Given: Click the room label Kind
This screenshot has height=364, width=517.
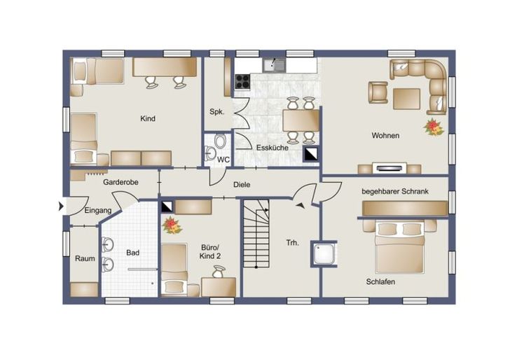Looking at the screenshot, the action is [x=147, y=118].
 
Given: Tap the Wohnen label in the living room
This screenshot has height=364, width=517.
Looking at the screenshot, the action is [x=385, y=135].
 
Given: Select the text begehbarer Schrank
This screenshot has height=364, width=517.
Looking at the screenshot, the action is [x=395, y=191].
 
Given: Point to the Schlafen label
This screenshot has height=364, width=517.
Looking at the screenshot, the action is [x=380, y=282].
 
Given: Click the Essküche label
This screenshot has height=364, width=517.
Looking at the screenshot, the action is [x=273, y=148].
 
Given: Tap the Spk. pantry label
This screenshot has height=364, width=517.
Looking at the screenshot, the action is [x=217, y=112].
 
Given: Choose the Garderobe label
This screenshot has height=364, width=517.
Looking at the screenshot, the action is [x=120, y=182].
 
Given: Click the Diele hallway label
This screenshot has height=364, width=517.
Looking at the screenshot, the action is [x=242, y=185].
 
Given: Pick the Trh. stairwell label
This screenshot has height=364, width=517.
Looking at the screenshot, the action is [x=292, y=243].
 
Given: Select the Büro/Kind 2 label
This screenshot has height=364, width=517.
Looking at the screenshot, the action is [x=210, y=252].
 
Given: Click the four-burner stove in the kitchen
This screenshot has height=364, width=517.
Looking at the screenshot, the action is [x=242, y=81].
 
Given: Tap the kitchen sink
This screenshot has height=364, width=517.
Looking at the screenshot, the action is [x=275, y=65].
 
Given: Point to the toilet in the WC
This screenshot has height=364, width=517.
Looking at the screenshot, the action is [x=219, y=141].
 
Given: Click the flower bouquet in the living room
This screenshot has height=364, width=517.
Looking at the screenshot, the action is [x=434, y=127].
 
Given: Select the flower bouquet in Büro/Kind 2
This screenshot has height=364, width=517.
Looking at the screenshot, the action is [x=172, y=225].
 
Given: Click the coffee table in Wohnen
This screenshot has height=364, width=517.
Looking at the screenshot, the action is [x=406, y=99].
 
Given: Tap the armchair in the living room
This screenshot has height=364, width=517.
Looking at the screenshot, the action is [x=378, y=92].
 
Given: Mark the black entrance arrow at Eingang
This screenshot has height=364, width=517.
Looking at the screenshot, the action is [x=61, y=206].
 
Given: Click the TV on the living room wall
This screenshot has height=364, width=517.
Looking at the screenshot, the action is [x=389, y=168].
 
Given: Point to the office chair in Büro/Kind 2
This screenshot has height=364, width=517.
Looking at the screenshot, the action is [x=219, y=272].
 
